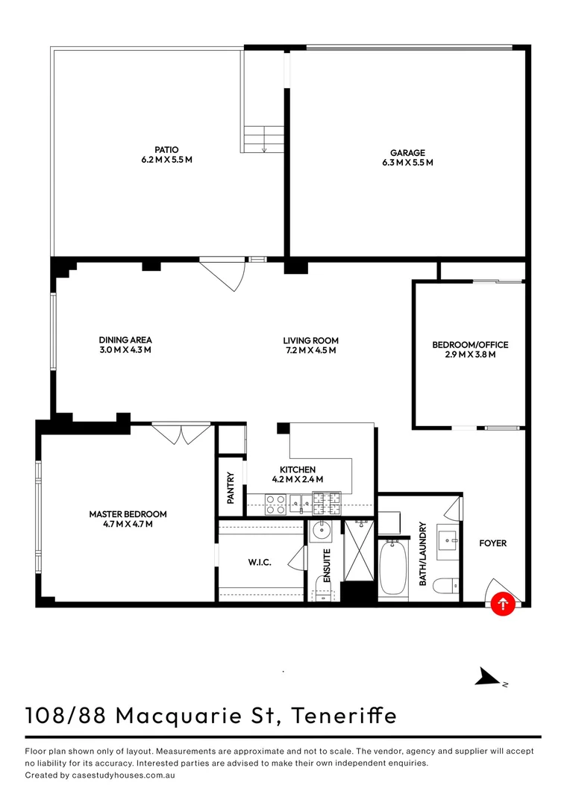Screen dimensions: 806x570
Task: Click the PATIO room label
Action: click(167, 150)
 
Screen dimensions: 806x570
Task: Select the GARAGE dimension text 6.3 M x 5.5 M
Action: click(407, 162)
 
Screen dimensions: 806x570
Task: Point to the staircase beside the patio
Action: click(264, 140)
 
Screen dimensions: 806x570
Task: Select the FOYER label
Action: click(492, 543)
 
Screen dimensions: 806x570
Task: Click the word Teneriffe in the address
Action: click(344, 715)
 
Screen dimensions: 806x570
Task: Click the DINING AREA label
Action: click(125, 340)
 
